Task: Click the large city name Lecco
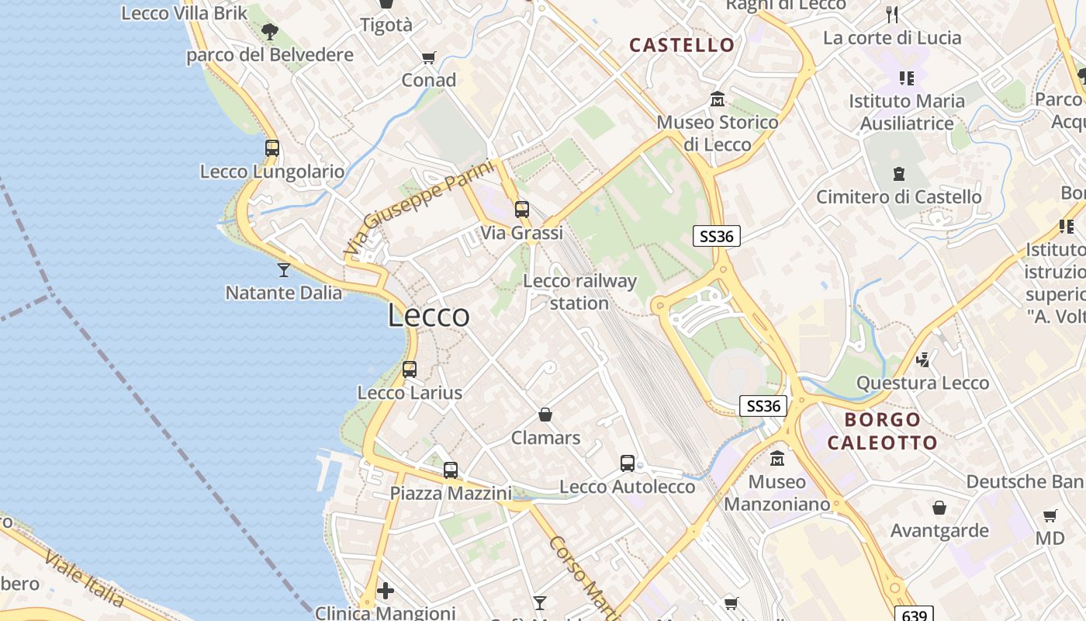(428, 316)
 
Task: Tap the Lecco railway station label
(579, 292)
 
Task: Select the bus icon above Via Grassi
(522, 209)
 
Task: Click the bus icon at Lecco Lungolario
(272, 147)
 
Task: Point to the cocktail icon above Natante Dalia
(284, 269)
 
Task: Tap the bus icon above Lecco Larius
(410, 369)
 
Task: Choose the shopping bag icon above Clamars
(545, 415)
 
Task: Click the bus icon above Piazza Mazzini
(451, 470)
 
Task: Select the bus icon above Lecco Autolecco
(628, 463)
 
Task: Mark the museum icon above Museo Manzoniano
(777, 458)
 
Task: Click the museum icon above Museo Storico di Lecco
(718, 99)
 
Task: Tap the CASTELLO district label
(682, 45)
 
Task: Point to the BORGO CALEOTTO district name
(883, 432)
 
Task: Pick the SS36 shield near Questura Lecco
(763, 406)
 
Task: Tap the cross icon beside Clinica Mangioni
(386, 592)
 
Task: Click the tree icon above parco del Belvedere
(270, 32)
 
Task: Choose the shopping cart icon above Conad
(428, 57)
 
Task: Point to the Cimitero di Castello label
(898, 197)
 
